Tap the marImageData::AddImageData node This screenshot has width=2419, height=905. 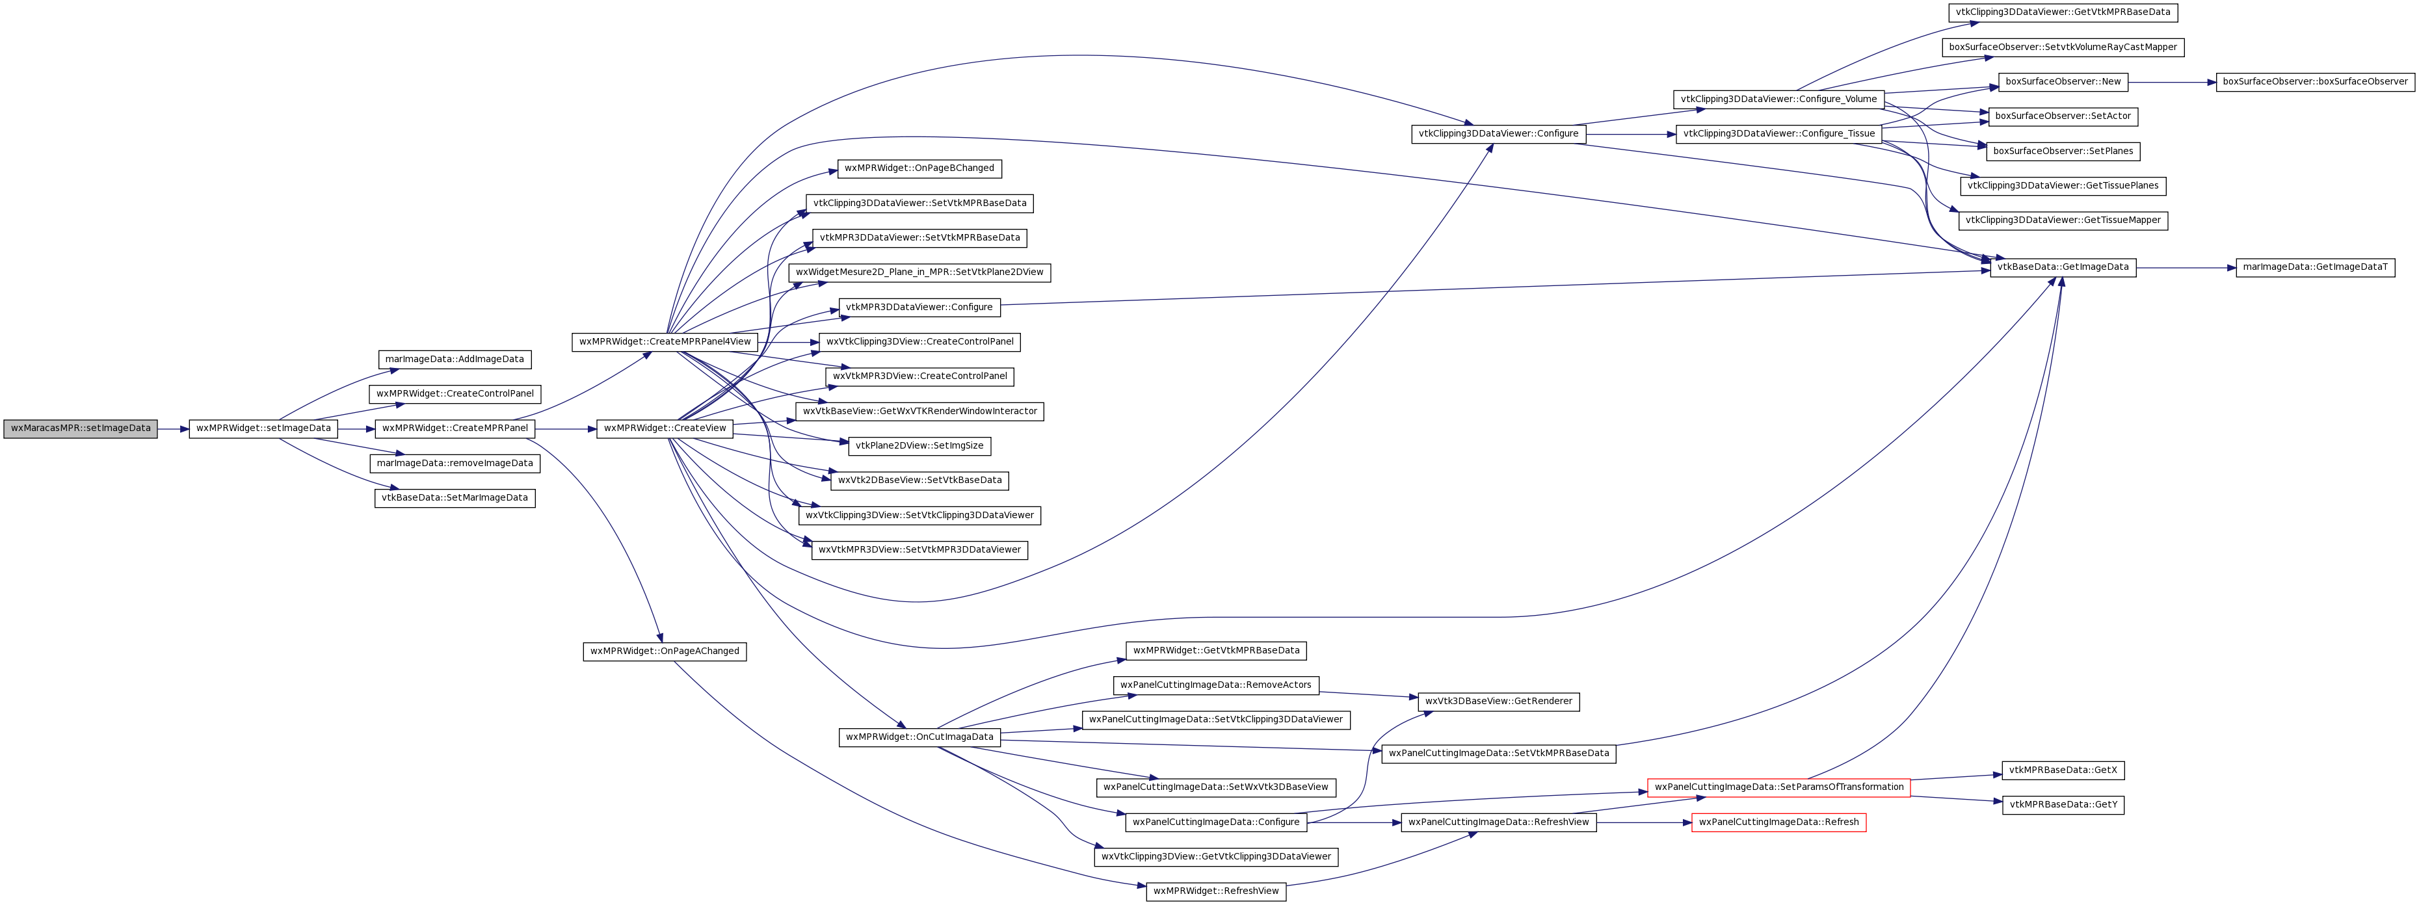point(455,360)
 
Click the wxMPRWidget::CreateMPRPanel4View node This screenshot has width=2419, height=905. point(665,343)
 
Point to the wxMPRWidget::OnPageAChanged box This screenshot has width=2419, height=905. point(665,651)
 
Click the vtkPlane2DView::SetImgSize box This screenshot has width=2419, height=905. point(919,446)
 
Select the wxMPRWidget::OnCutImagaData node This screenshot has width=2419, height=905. point(919,738)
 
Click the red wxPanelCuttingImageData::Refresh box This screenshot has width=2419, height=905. point(1778,823)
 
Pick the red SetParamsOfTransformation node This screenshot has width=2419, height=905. point(1778,789)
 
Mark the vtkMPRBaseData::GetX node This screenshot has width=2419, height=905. point(2063,771)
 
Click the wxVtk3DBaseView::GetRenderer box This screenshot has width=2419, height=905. point(1499,702)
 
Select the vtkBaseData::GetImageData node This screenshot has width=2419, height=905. point(2063,268)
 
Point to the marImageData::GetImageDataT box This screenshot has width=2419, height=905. point(2316,268)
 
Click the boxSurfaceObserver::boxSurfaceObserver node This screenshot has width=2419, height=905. point(2316,83)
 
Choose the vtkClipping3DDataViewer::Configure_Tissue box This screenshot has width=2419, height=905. point(1778,134)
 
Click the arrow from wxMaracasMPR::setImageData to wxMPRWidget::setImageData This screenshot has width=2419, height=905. point(174,429)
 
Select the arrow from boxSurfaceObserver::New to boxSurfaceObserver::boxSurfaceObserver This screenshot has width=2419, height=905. point(2172,83)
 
